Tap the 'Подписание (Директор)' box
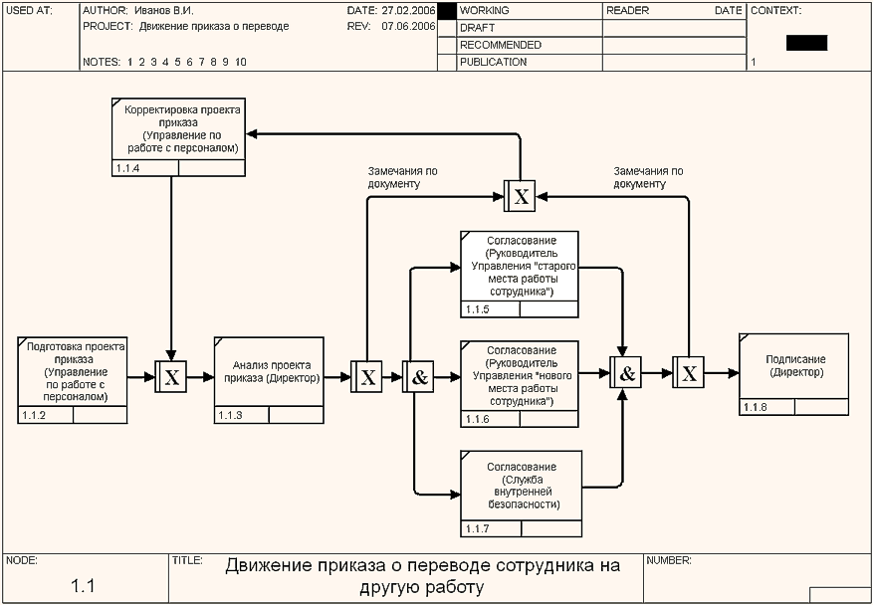click(794, 366)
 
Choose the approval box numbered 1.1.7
click(520, 486)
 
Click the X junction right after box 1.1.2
click(171, 377)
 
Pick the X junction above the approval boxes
click(520, 195)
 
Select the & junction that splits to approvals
click(418, 377)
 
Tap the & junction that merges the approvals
click(626, 374)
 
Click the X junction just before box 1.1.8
click(688, 374)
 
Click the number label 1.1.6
click(477, 420)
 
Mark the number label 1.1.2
click(34, 414)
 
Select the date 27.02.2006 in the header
click(408, 10)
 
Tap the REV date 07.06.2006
click(408, 27)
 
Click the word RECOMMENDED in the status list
click(501, 45)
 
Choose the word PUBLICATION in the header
click(494, 62)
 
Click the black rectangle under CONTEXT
click(806, 43)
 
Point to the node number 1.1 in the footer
click(83, 585)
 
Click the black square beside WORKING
click(447, 11)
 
